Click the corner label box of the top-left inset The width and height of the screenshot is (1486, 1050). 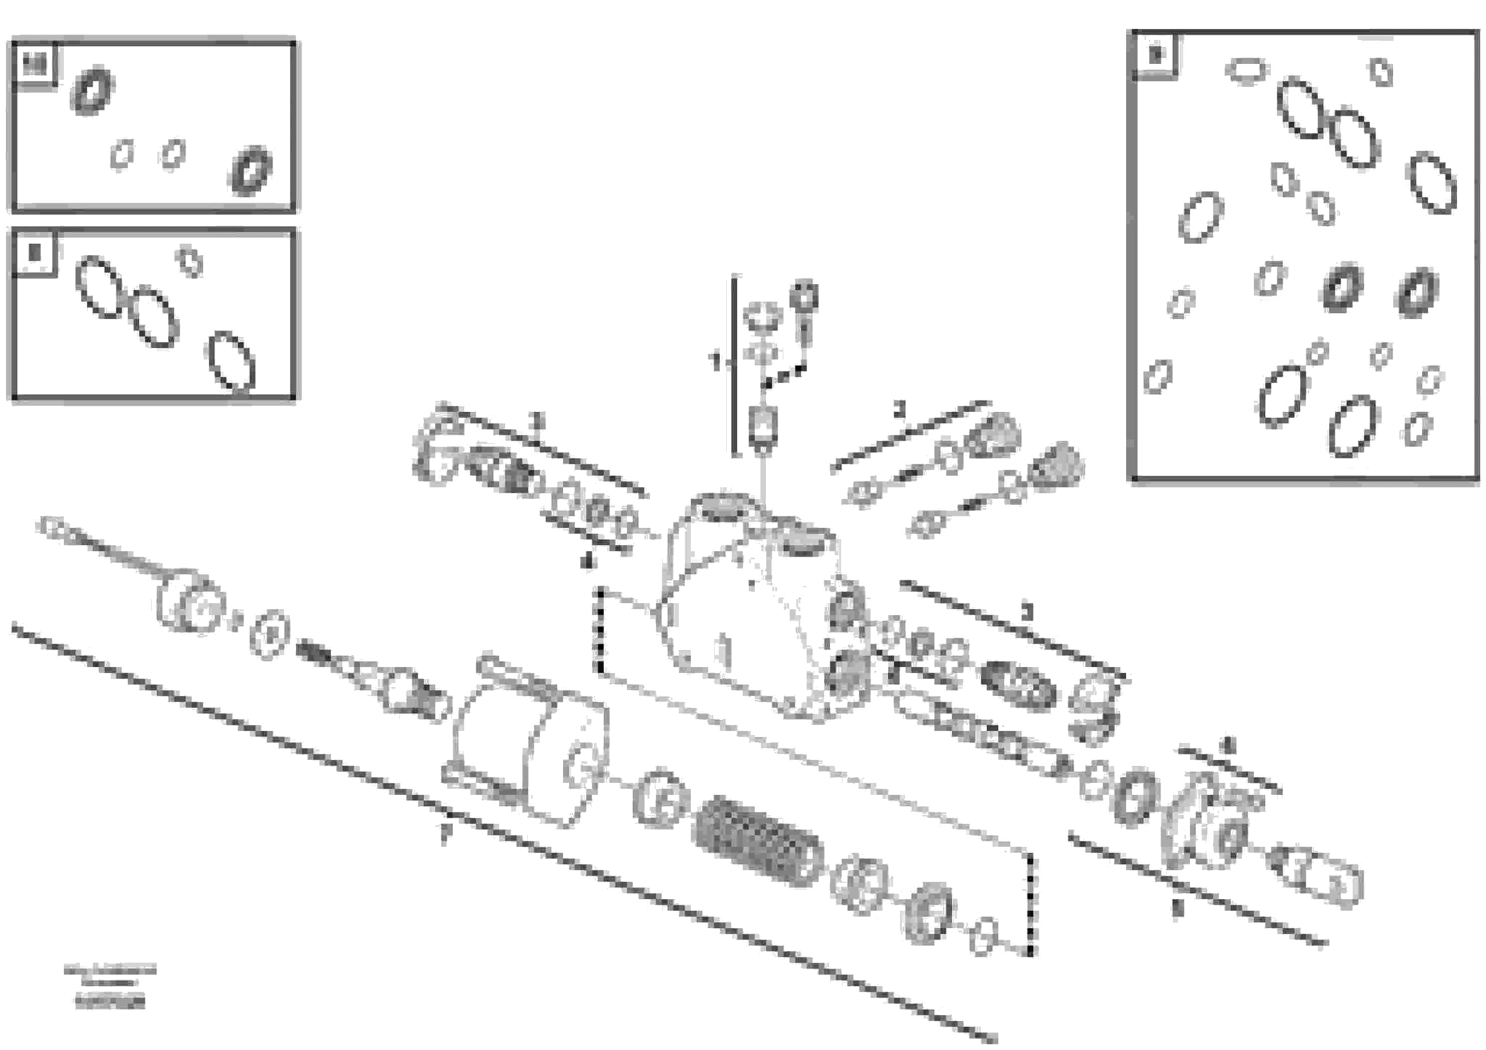coord(35,65)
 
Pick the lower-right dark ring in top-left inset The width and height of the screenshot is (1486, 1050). coord(251,170)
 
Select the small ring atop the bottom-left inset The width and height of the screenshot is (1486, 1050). coord(190,262)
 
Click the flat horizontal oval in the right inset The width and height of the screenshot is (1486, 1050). coord(1246,70)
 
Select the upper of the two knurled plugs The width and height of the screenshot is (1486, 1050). coord(993,435)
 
